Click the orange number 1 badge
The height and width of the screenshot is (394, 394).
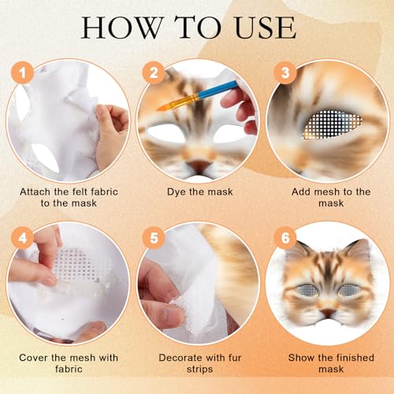point(21,76)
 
